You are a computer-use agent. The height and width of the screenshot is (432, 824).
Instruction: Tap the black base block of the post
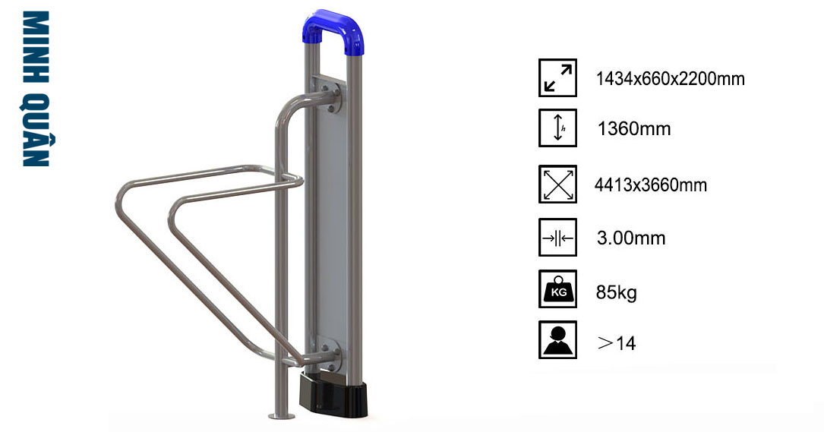coord(333,394)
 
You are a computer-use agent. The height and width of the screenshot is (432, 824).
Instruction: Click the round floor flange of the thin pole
coord(282,416)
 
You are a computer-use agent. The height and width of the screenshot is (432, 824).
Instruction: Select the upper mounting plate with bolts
coord(330,95)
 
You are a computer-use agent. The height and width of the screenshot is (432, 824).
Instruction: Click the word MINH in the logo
coord(36,47)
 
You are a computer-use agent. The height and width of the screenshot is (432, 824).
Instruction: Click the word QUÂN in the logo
coord(37,130)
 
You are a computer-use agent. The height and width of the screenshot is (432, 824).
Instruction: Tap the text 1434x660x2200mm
coord(670,79)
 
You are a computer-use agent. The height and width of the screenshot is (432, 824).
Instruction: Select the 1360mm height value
coord(634,129)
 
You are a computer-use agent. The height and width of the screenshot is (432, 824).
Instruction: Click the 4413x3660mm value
coord(651,185)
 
